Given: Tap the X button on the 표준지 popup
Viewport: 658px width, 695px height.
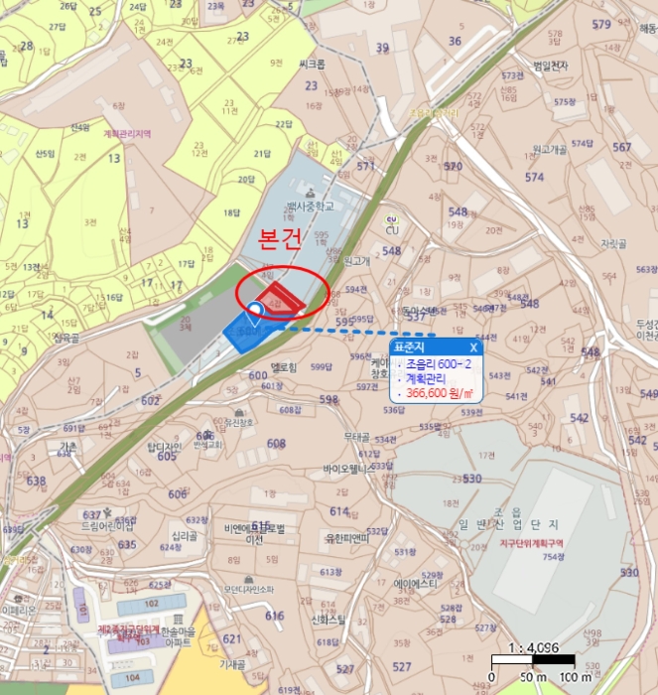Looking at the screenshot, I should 473,347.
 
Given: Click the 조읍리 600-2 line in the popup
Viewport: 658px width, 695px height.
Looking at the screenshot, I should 437,364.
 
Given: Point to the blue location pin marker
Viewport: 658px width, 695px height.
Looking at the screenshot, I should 255,312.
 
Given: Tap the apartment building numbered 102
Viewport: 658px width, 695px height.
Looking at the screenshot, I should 152,603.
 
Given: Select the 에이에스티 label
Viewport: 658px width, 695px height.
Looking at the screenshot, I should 416,585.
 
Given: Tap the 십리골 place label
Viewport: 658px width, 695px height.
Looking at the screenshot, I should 184,535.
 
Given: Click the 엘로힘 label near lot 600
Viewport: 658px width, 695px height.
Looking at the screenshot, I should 284,366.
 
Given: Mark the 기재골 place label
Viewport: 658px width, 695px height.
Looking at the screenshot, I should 232,664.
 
